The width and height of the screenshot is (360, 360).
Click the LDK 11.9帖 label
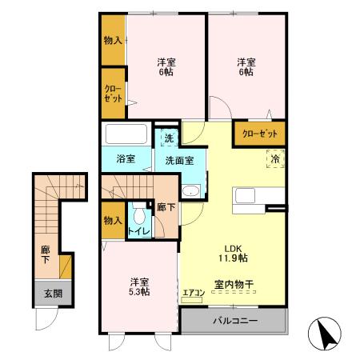point(234,254)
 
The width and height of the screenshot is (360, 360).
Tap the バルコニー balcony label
point(235,321)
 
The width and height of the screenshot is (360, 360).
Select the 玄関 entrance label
point(53,294)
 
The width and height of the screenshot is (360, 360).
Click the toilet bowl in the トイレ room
point(139,214)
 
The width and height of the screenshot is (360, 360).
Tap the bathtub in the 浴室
point(126,134)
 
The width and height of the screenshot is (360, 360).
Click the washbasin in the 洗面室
point(190,191)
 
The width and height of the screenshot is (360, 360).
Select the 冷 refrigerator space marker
point(275,159)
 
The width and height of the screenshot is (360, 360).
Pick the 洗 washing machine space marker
point(169,138)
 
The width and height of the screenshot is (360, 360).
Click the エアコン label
point(194,293)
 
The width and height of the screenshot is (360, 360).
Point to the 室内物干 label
point(234,284)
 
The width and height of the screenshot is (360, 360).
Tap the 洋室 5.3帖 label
point(139,286)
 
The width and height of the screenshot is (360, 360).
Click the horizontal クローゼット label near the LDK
point(260,134)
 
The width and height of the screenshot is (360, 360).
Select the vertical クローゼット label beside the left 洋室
point(113,94)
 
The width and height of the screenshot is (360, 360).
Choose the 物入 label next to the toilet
point(113,221)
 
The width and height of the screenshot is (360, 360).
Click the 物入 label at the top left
point(113,41)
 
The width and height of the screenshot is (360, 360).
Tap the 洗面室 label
point(179,161)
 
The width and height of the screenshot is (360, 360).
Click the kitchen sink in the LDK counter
point(245,195)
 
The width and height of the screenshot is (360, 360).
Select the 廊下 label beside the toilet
point(166,207)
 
